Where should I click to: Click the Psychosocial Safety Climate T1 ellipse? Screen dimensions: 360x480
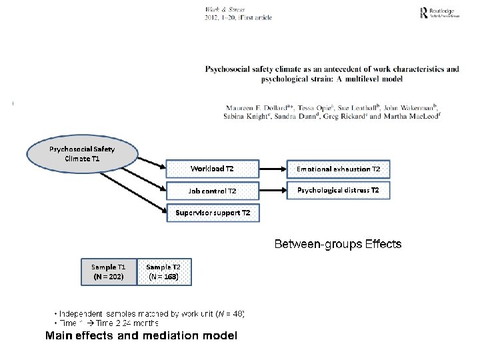[81, 154]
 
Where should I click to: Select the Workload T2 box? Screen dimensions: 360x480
[211, 169]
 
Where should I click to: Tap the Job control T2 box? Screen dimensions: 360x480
[211, 191]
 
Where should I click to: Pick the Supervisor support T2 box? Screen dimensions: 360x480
[213, 213]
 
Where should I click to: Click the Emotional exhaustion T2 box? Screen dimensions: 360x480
[338, 169]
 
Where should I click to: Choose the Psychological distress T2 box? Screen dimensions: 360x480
[338, 191]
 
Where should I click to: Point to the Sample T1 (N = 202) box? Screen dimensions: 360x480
[108, 271]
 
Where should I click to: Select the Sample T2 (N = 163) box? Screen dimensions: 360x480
[163, 271]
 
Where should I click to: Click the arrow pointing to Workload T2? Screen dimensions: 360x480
[151, 163]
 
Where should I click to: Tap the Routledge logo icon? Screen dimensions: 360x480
[423, 13]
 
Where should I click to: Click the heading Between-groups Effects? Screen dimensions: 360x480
[338, 244]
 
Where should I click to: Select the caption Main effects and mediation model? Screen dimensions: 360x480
[141, 336]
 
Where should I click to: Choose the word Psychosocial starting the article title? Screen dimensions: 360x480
[229, 69]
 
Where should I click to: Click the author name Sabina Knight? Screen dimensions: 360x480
[249, 116]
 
